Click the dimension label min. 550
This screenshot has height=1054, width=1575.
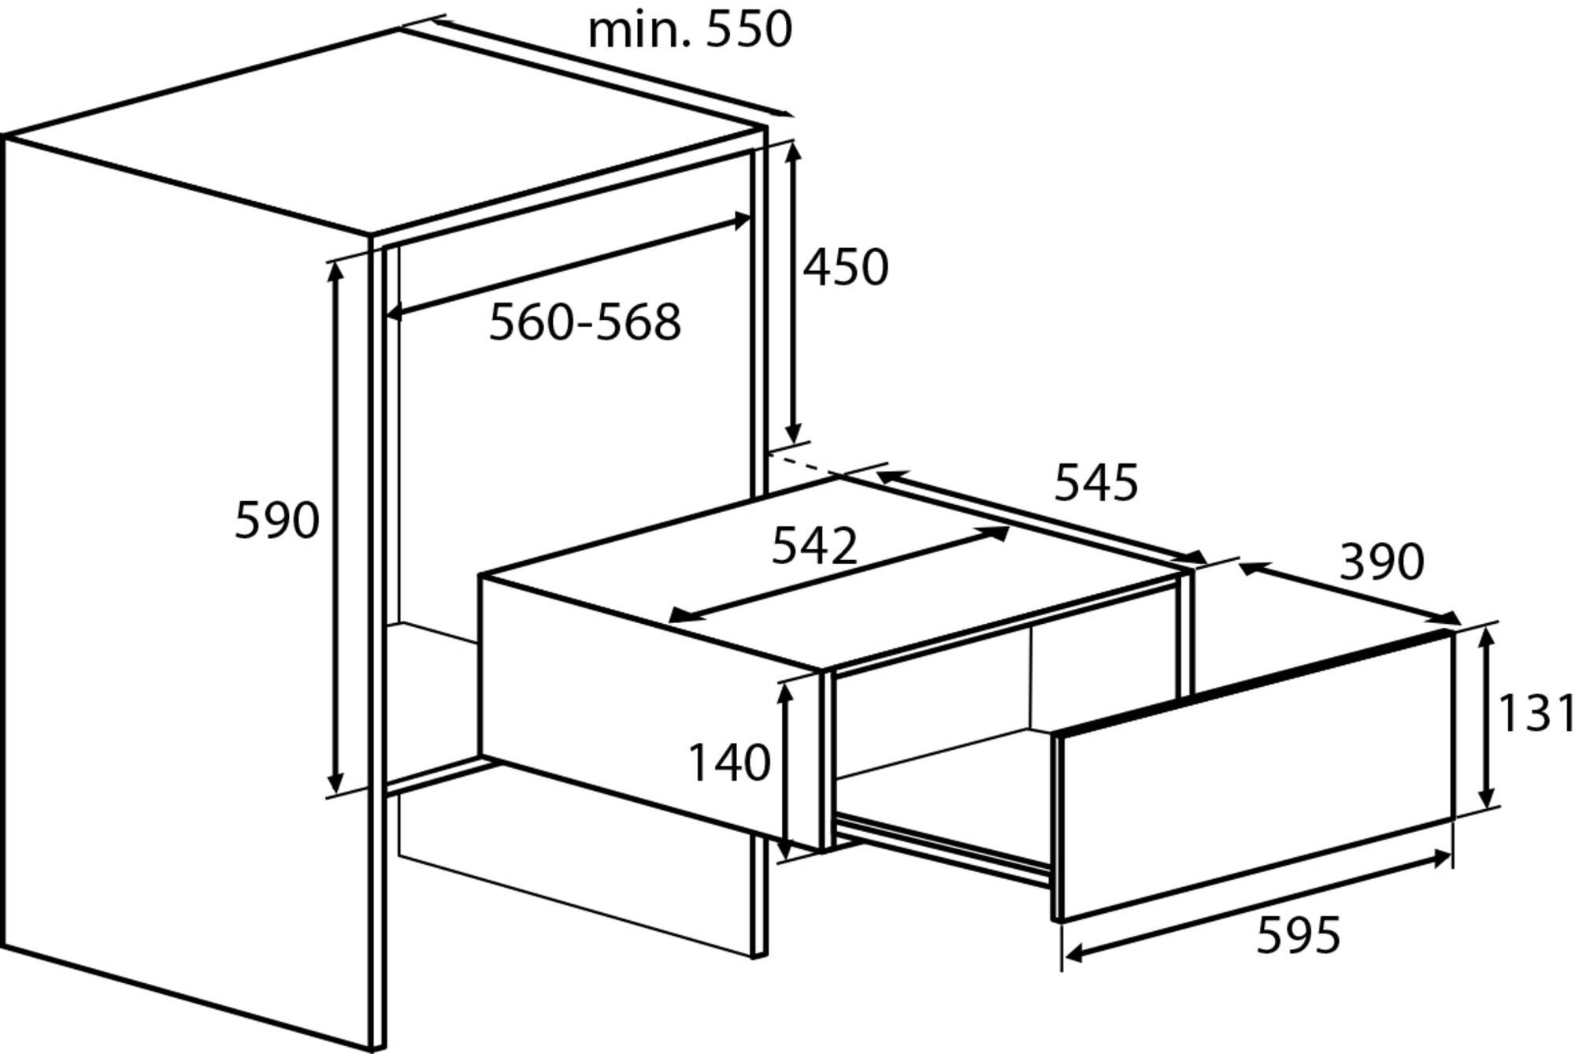click(690, 30)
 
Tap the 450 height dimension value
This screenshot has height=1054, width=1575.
click(846, 266)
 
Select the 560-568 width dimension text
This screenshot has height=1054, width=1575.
click(585, 321)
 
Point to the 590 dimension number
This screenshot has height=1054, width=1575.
click(277, 520)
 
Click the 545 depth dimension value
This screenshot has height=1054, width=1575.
click(1096, 482)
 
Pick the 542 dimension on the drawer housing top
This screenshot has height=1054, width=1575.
click(814, 545)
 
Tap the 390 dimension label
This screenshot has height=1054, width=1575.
click(1382, 562)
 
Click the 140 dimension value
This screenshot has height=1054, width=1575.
click(729, 763)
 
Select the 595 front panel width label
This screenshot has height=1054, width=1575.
click(1298, 936)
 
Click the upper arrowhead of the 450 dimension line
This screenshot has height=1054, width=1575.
click(793, 150)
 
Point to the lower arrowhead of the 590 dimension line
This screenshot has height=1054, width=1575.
click(335, 783)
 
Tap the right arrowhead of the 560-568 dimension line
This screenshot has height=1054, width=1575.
click(741, 220)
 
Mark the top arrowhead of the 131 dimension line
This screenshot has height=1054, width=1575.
click(1487, 636)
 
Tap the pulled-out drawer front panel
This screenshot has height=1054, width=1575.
click(1255, 775)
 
